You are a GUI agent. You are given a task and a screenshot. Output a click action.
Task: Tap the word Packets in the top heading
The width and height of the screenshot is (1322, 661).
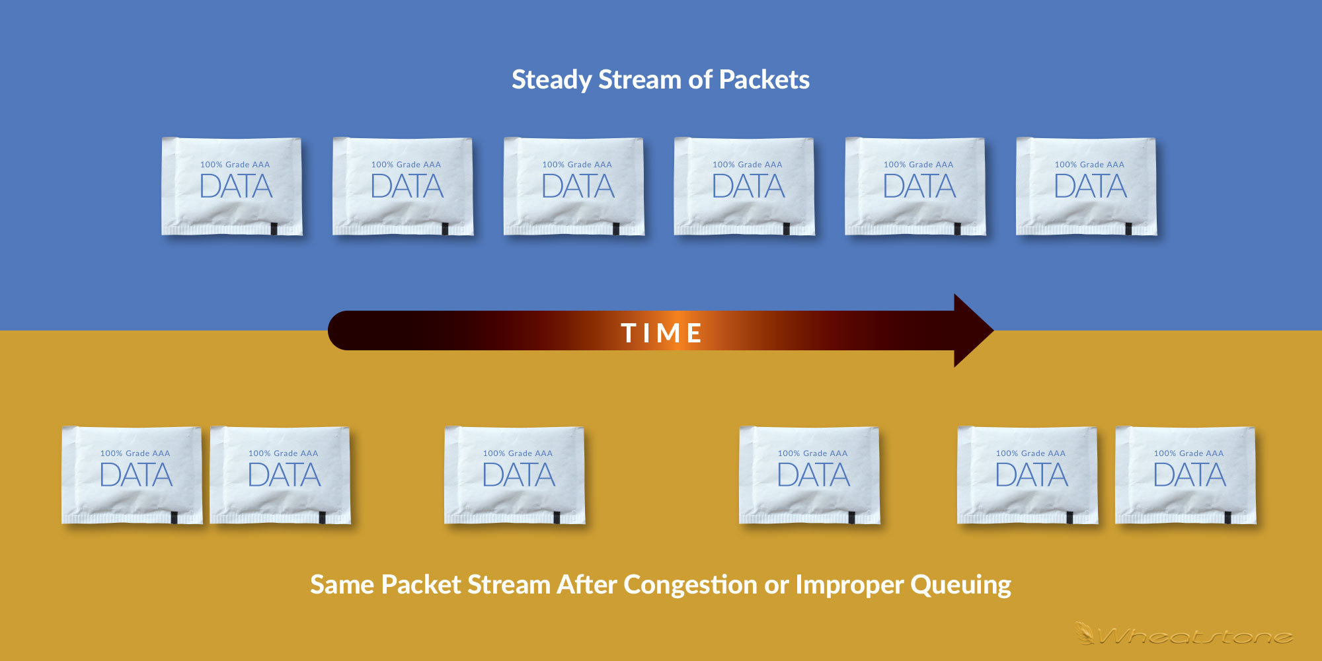point(764,79)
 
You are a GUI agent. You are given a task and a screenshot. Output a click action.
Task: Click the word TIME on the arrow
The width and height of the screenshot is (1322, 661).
point(662,333)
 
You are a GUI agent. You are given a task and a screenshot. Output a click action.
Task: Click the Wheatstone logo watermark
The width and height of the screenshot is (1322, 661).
point(1183,635)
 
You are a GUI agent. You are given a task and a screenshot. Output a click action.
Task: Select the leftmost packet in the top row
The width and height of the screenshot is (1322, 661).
point(232,186)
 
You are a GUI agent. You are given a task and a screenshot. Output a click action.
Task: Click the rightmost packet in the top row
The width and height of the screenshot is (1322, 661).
point(1086,186)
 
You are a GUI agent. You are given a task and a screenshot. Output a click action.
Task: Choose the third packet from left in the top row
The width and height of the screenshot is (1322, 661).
point(574,186)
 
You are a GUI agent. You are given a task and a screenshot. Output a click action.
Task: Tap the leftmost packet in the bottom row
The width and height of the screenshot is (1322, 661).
point(132,475)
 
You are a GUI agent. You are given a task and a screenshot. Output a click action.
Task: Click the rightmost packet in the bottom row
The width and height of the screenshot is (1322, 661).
point(1186,475)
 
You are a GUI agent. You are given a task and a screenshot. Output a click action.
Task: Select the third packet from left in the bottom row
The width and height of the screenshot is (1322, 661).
point(515,475)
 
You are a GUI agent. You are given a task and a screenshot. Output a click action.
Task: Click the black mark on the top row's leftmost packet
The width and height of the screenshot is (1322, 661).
point(274,229)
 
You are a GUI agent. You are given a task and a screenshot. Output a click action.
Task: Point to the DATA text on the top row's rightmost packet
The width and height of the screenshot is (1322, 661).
point(1091,186)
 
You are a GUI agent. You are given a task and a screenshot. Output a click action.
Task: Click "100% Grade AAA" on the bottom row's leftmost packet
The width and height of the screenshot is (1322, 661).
point(135,453)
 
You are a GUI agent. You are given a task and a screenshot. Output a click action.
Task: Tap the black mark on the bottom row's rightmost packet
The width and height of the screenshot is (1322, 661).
point(1227,518)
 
